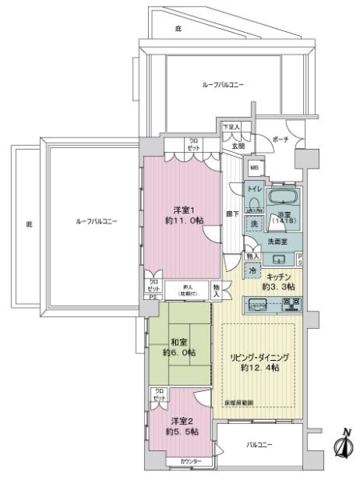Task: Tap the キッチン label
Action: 280,280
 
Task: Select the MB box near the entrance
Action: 254,167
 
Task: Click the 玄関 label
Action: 238,146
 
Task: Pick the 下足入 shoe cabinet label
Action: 231,127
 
